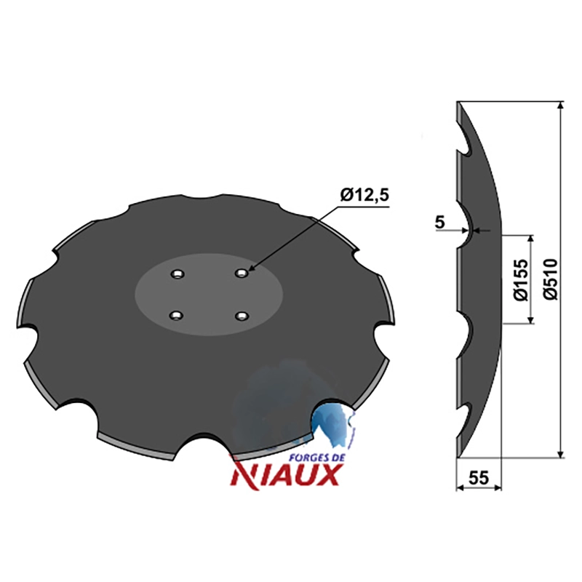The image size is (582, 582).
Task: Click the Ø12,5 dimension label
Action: (364, 195)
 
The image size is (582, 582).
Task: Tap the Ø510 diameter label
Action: (551, 279)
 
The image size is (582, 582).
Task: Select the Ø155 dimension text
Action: (522, 279)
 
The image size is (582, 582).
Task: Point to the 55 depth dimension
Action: (479, 477)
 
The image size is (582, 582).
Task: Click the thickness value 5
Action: (439, 223)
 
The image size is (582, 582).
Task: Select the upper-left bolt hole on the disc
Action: (178, 274)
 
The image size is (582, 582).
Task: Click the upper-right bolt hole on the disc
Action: (242, 274)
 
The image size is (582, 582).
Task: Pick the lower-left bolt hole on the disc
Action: (176, 316)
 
